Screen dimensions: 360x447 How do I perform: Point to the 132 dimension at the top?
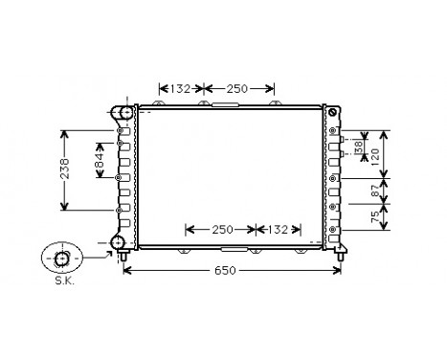tap(180, 89)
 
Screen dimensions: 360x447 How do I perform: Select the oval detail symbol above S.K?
tap(61, 259)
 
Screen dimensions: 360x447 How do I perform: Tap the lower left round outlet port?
tap(120, 242)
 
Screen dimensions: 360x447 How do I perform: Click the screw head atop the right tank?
tap(333, 114)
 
